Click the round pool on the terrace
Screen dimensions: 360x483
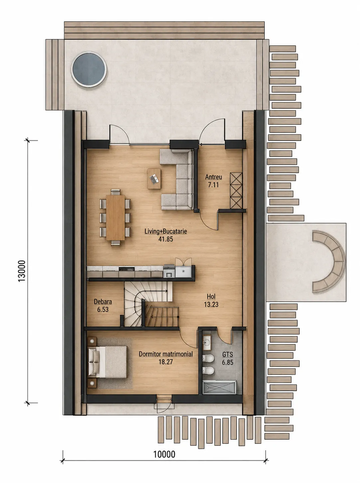[89, 69]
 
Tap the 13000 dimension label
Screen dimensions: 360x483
[22, 271]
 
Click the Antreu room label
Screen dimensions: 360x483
[214, 177]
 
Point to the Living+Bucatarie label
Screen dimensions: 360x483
[166, 231]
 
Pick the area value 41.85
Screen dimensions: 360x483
[166, 239]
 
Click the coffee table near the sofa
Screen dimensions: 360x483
[154, 179]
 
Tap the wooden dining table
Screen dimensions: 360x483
[115, 217]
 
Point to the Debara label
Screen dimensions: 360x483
[103, 302]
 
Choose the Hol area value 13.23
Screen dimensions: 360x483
[211, 304]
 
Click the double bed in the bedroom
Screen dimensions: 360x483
[107, 362]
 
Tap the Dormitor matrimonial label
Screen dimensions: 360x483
[166, 354]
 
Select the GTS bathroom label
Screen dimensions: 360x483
[228, 355]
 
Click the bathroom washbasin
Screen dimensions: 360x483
[207, 342]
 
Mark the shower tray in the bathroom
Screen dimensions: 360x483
[219, 387]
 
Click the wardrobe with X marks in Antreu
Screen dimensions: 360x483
[236, 191]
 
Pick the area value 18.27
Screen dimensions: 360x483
[166, 362]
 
